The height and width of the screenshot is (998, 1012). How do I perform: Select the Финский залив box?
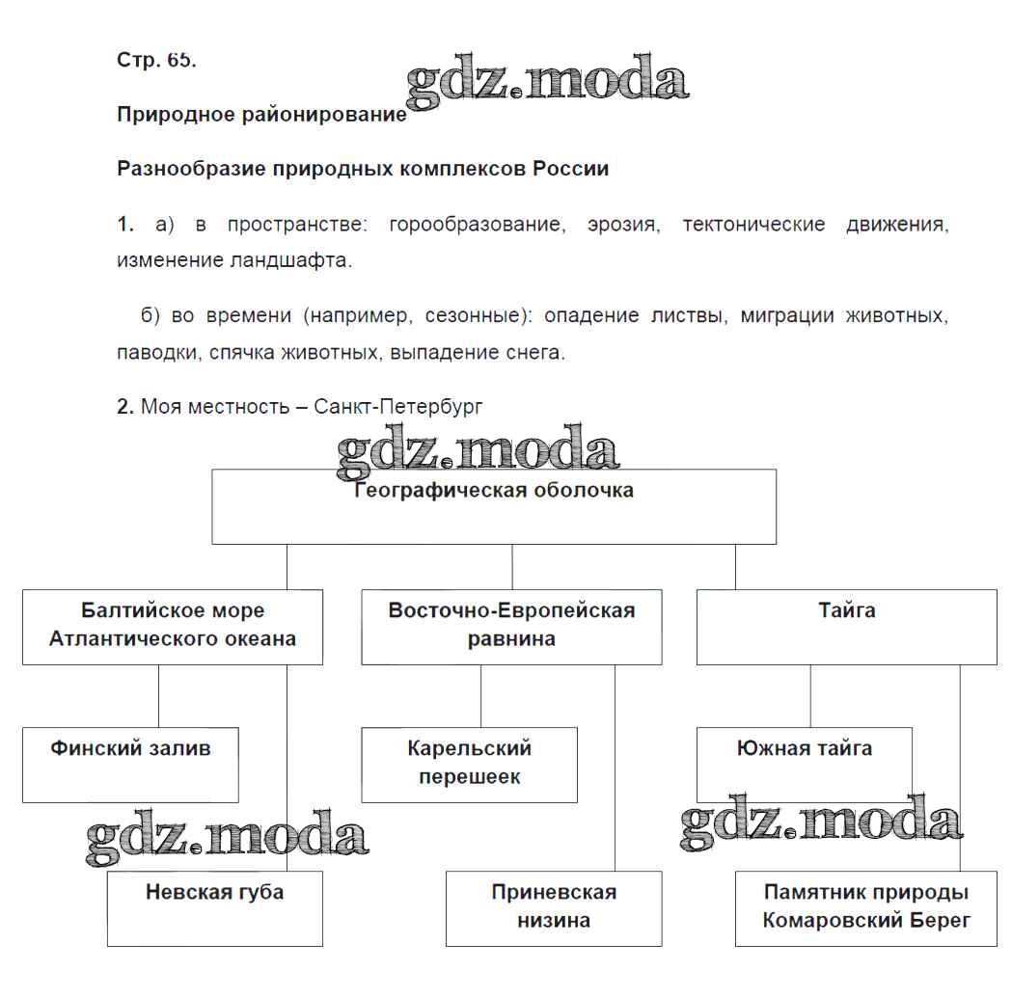tap(130, 765)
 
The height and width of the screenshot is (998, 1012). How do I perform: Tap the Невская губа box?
tap(214, 908)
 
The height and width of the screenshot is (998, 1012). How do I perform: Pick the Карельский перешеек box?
tap(469, 765)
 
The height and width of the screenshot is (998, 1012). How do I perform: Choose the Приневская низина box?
tap(554, 908)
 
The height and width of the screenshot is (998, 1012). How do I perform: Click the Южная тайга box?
tap(804, 765)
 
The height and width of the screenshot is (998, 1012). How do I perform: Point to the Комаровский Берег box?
tap(865, 908)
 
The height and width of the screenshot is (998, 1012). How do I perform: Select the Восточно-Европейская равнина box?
tap(511, 626)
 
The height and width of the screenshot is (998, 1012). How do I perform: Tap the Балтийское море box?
tap(173, 626)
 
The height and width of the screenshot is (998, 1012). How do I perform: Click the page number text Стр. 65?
tap(156, 60)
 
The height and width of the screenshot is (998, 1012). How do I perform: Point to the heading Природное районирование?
tap(261, 114)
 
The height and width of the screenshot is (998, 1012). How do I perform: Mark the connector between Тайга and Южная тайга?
tap(810, 695)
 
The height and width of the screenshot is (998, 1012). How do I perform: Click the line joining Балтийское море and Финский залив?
tap(158, 695)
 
